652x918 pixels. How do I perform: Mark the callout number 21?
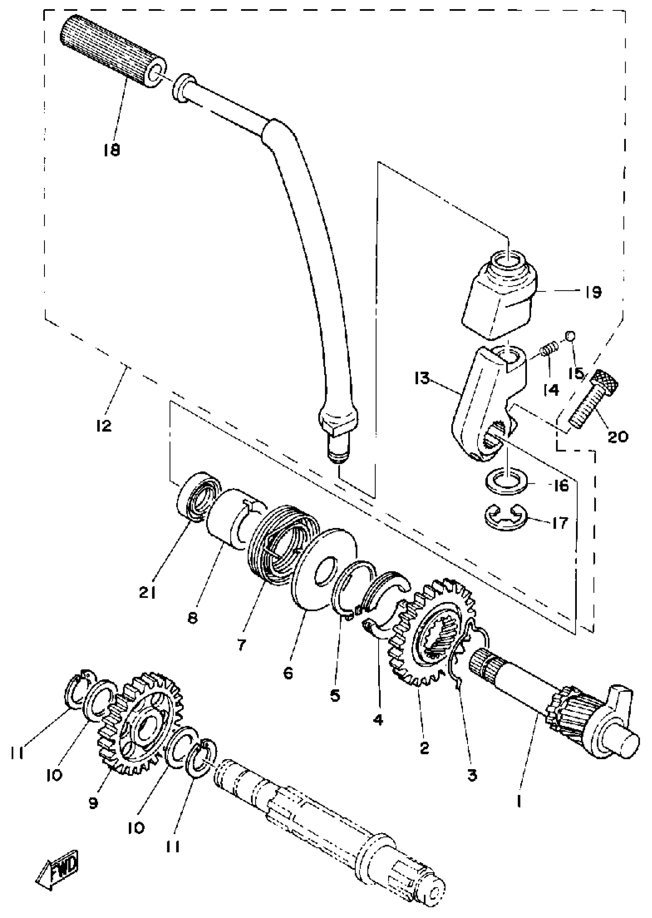(x=147, y=593)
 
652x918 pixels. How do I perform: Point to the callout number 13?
(x=422, y=378)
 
